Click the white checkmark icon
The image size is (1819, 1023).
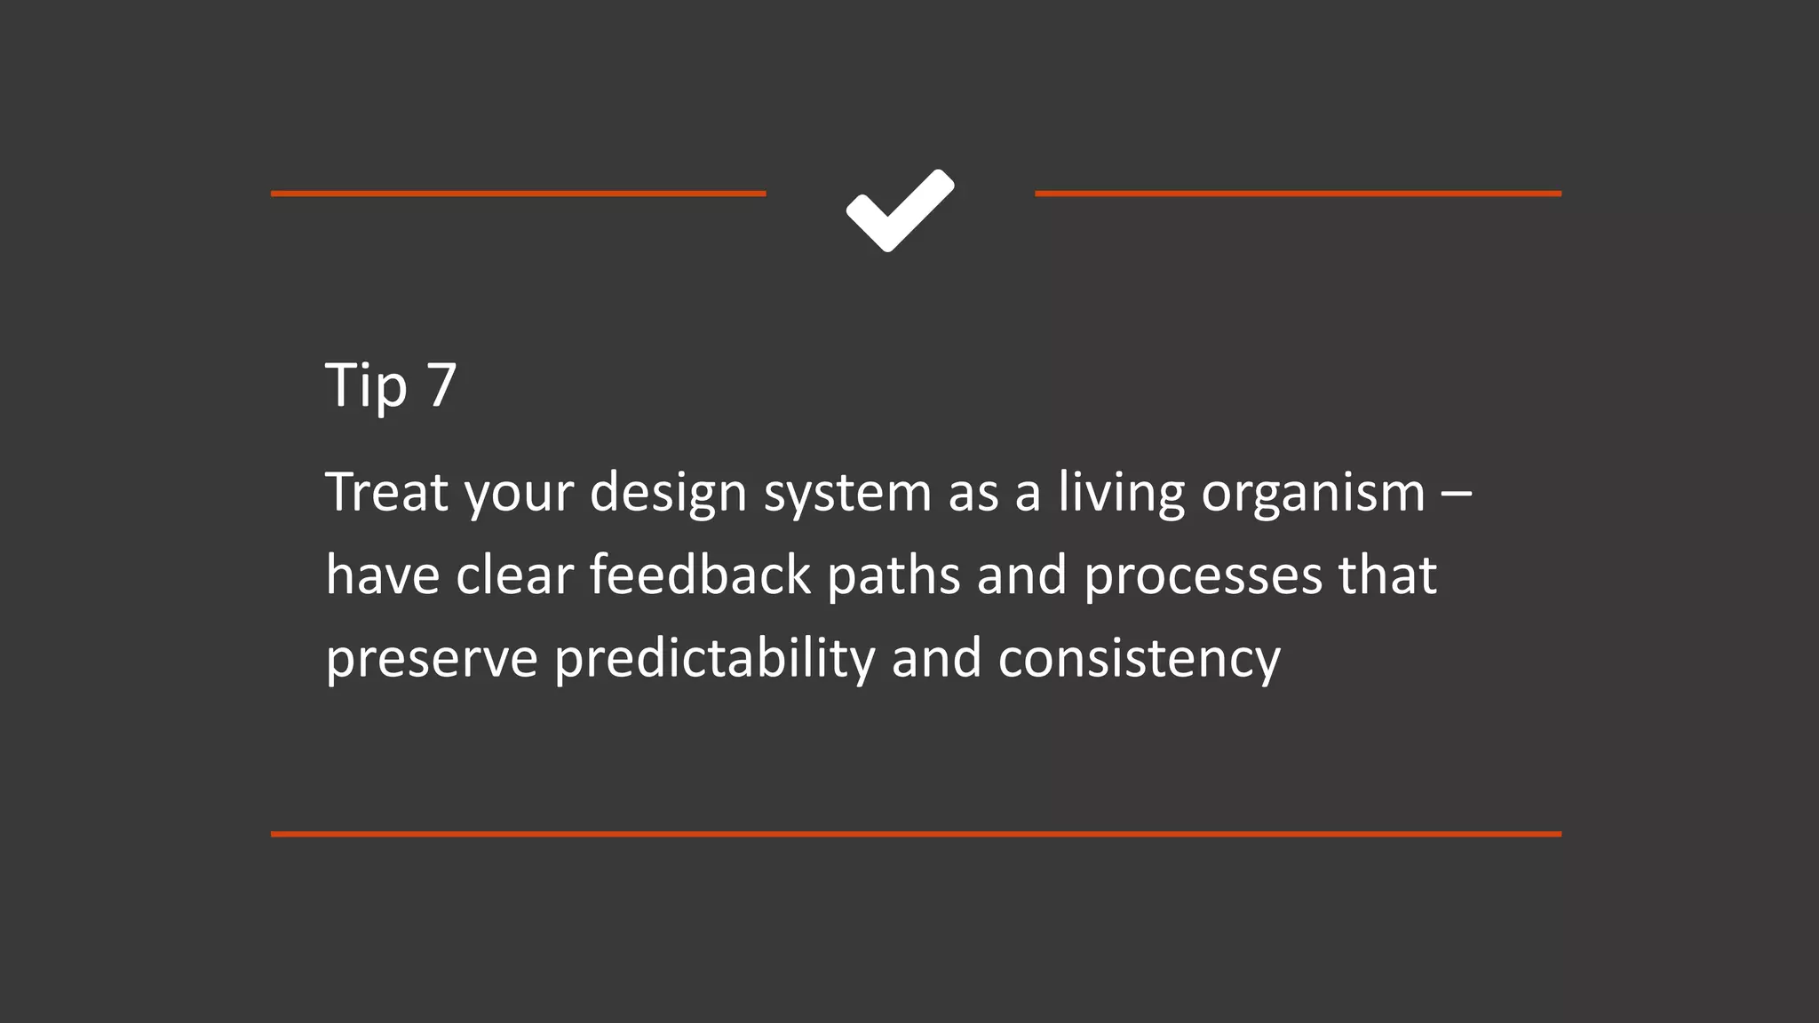[x=900, y=210]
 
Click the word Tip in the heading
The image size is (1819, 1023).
[x=366, y=386]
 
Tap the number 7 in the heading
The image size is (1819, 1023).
[x=441, y=385]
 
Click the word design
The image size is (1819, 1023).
[x=668, y=494]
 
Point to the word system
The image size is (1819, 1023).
[x=847, y=494]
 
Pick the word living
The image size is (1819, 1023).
[x=1121, y=494]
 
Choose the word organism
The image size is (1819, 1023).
[x=1313, y=494]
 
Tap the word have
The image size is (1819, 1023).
[x=383, y=575]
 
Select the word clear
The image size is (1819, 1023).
[x=514, y=575]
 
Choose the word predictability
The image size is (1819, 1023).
[x=715, y=659]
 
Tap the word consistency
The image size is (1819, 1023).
[x=1139, y=659]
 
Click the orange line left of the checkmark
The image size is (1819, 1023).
[x=518, y=193]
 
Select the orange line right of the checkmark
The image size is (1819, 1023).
[x=1298, y=193]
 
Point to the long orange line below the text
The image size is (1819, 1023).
[x=916, y=834]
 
